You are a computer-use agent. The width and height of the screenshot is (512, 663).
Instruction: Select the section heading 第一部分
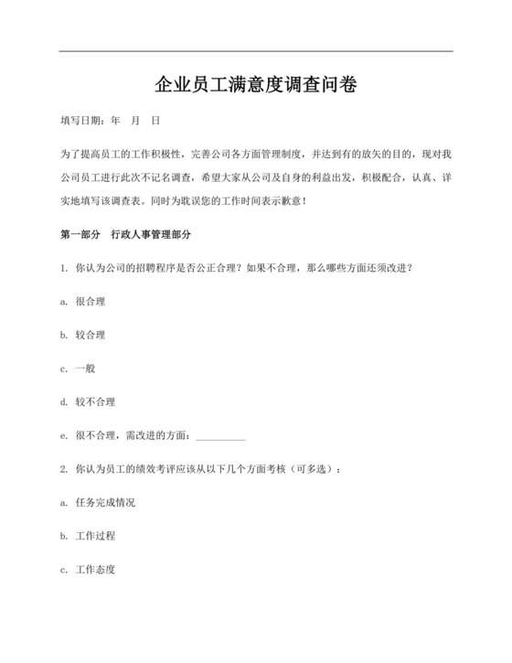80,234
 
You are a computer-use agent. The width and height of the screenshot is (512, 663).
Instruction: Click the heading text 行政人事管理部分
151,234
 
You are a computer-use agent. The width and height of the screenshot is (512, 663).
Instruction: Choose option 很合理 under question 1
90,301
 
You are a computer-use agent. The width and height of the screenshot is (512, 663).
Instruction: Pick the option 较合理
90,335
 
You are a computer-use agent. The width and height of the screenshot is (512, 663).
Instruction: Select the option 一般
85,369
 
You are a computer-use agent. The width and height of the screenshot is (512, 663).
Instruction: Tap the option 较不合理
95,401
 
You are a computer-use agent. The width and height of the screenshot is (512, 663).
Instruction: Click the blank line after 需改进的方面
220,437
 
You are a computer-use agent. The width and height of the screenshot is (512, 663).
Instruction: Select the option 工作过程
95,536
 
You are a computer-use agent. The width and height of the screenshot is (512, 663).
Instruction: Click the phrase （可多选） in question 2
315,469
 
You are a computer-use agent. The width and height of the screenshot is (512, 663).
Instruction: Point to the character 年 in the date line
115,120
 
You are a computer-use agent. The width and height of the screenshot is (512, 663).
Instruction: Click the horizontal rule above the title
256,51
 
